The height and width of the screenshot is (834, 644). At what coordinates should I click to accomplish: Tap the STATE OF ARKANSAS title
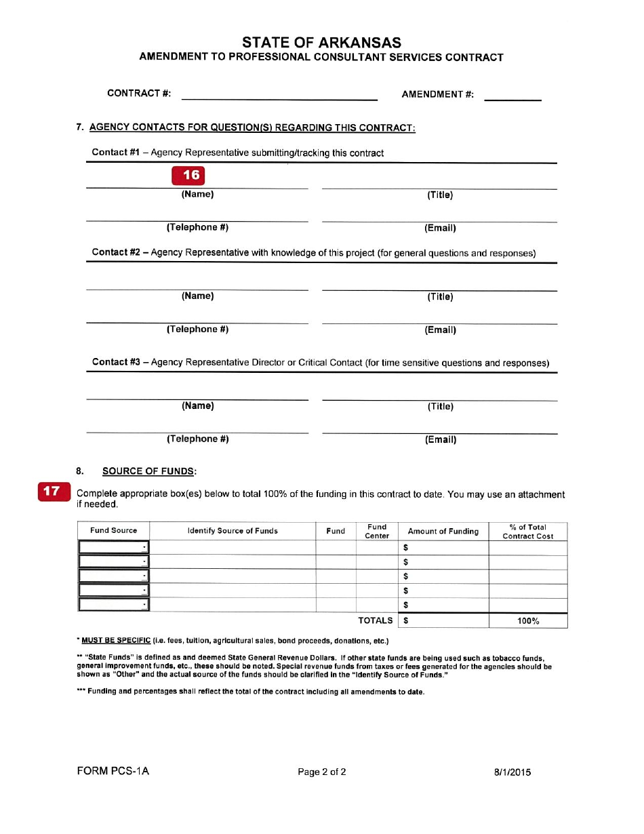click(321, 42)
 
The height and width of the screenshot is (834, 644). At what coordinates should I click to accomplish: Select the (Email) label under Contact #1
click(440, 228)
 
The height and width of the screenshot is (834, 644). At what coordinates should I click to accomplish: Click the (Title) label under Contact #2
click(440, 296)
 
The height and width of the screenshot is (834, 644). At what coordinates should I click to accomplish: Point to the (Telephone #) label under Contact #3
click(198, 439)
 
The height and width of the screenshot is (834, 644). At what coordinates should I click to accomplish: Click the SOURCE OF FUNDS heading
click(149, 471)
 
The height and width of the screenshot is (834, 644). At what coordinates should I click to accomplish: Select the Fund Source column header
click(113, 531)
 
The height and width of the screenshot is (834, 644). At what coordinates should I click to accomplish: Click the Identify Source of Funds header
click(233, 531)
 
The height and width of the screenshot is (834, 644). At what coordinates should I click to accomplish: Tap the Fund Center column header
click(377, 531)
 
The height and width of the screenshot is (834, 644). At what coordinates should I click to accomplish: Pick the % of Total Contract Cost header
click(527, 532)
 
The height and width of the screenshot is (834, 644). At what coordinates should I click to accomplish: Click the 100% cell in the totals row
click(527, 620)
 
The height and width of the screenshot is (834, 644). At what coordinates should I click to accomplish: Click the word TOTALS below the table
click(375, 620)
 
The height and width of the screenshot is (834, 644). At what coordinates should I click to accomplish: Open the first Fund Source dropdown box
click(113, 547)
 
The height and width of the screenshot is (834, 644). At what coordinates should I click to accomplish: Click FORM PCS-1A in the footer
click(113, 772)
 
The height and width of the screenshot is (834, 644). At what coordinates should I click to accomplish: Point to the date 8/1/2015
click(512, 772)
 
